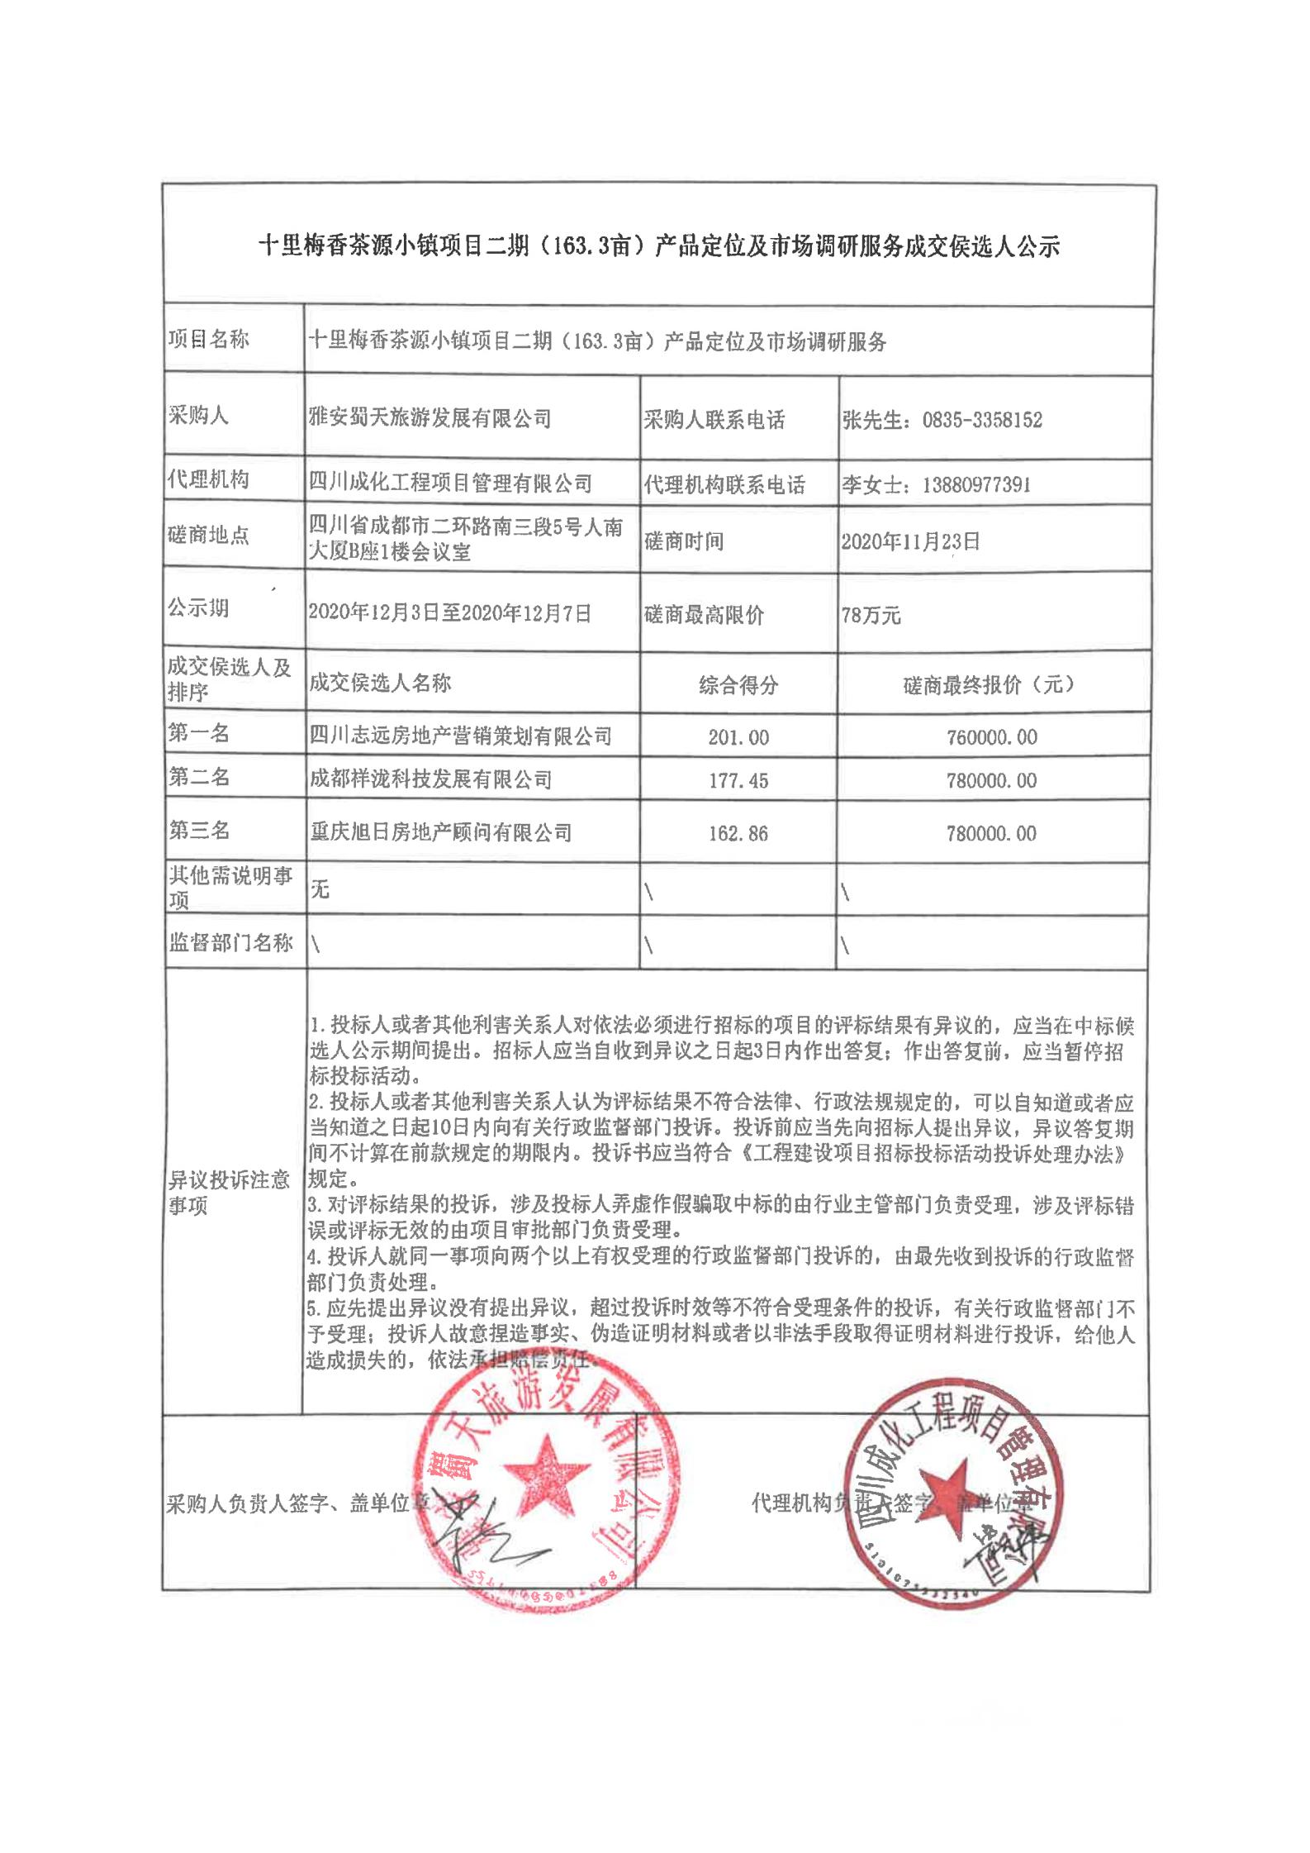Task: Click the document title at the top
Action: click(658, 246)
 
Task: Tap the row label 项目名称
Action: click(208, 340)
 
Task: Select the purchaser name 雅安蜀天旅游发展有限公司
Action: click(430, 418)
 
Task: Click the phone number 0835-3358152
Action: click(982, 420)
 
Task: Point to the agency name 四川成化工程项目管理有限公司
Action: click(450, 483)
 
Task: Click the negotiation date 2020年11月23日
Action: click(910, 541)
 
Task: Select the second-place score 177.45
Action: click(738, 780)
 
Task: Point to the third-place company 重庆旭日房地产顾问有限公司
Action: click(439, 832)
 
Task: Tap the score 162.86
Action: click(738, 834)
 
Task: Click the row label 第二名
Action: click(199, 777)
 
